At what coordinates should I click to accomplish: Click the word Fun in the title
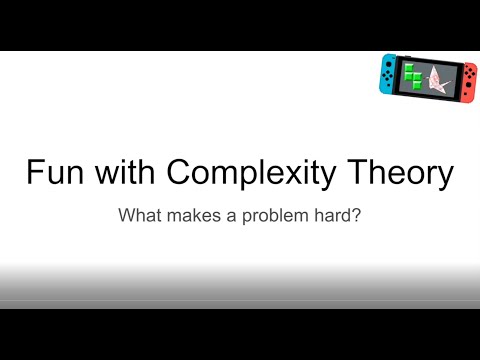52,173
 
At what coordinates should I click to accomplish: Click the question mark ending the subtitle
355,214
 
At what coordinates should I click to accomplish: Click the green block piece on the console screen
412,75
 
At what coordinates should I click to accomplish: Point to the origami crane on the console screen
444,75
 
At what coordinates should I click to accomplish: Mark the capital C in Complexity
179,173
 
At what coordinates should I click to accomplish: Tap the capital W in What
127,214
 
